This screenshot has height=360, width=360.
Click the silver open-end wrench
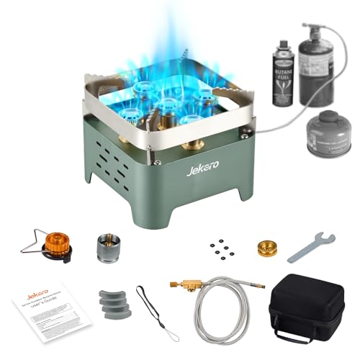(x=311, y=247)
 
